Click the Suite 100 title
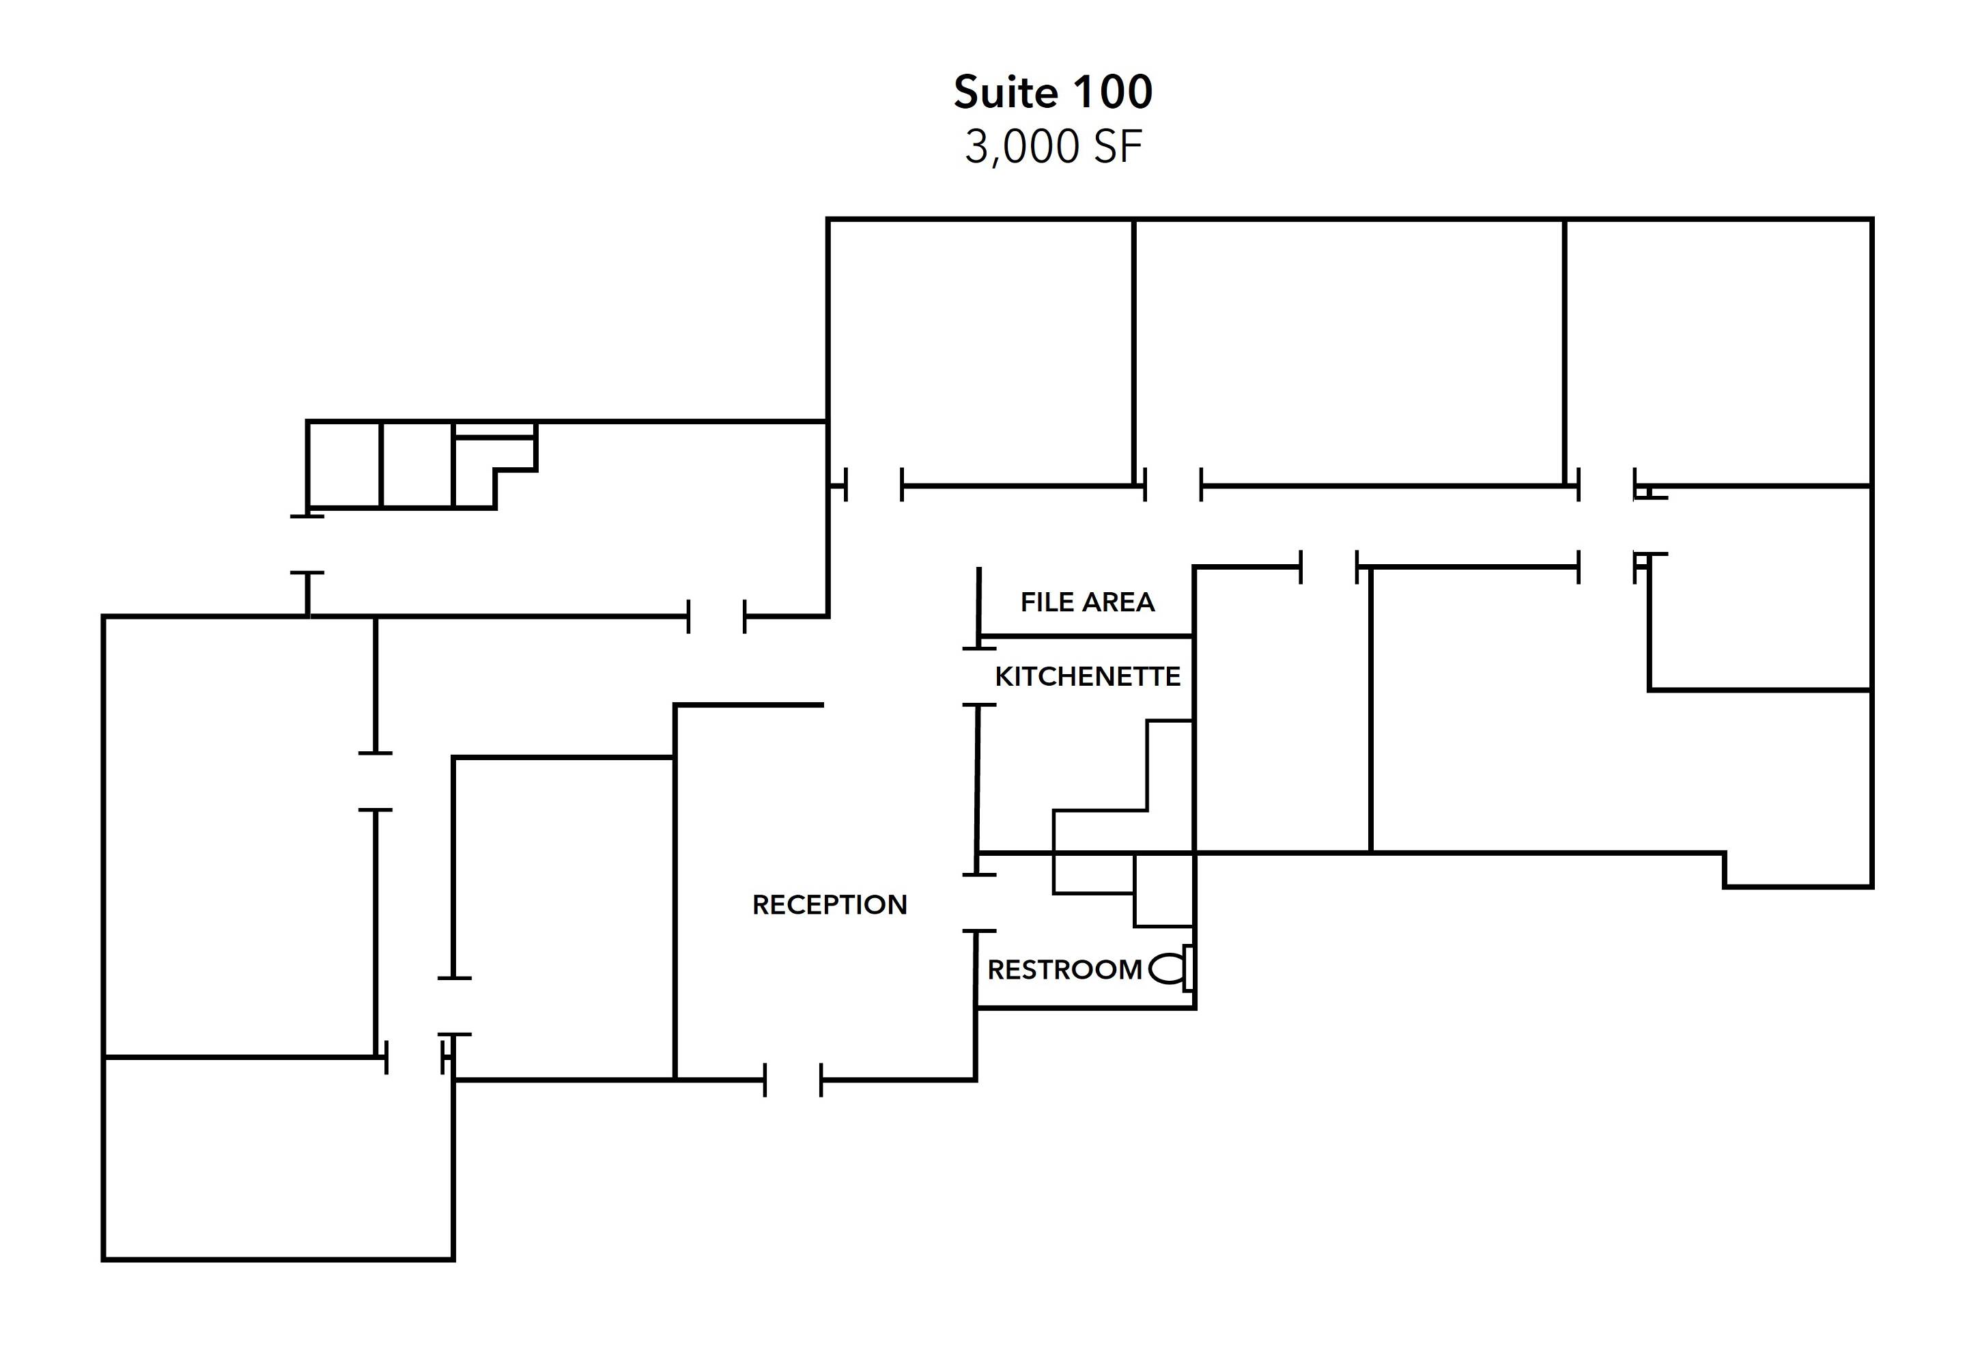pyautogui.click(x=1053, y=92)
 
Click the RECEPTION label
pyautogui.click(x=829, y=905)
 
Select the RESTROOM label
pyautogui.click(x=1064, y=970)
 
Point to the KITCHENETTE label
pyautogui.click(x=1088, y=677)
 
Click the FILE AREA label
pyautogui.click(x=1088, y=602)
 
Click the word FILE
pyautogui.click(x=1047, y=602)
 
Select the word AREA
pyautogui.click(x=1118, y=602)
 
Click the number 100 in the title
pyautogui.click(x=1112, y=92)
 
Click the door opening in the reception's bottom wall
pyautogui.click(x=793, y=1080)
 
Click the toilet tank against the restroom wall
pyautogui.click(x=1189, y=968)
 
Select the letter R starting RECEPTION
pyautogui.click(x=761, y=905)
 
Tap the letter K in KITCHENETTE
pyautogui.click(x=1004, y=677)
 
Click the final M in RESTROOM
pyautogui.click(x=1131, y=970)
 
